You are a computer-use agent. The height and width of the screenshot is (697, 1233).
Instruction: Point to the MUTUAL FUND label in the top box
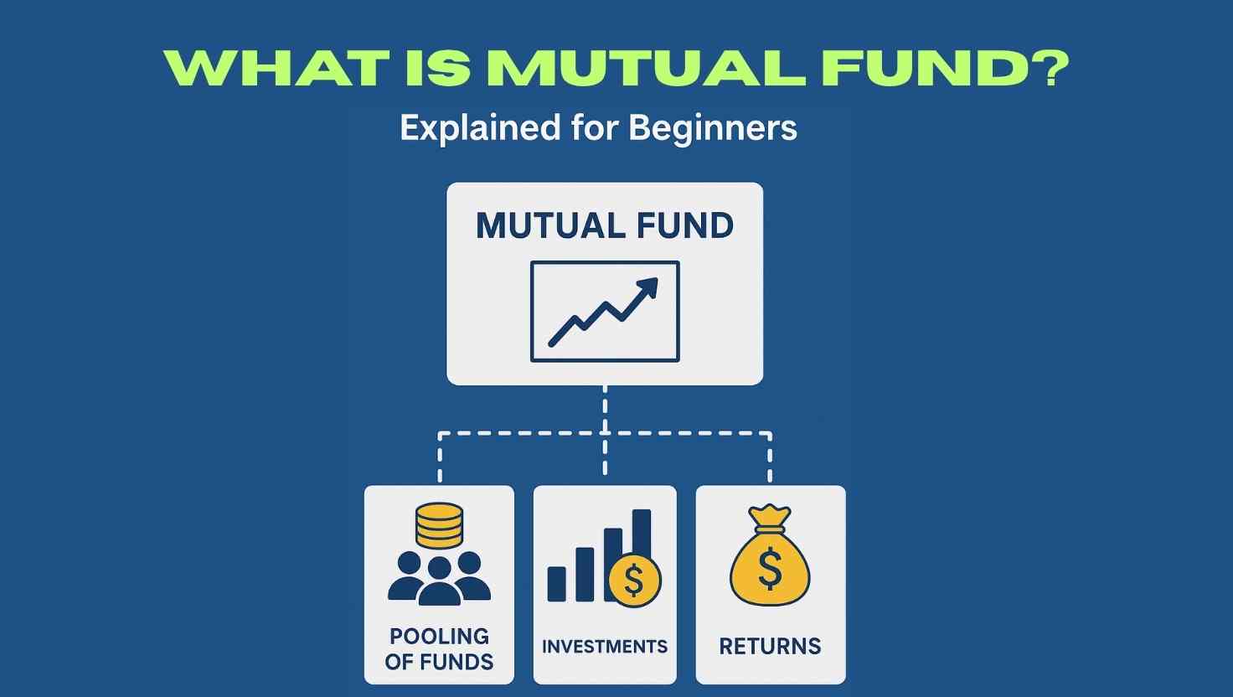605,225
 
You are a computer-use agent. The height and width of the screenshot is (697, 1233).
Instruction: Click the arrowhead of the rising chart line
647,287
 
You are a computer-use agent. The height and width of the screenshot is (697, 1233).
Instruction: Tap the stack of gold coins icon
439,526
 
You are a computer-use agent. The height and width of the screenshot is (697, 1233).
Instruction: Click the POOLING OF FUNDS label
439,649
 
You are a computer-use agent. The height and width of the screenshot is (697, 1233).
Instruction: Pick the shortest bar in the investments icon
556,584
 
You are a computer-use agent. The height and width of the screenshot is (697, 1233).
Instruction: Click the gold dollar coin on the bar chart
635,581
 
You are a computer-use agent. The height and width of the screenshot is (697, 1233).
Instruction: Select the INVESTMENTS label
605,647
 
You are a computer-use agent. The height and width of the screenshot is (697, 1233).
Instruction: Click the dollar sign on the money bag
770,569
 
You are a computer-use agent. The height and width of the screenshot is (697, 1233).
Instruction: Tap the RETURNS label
770,647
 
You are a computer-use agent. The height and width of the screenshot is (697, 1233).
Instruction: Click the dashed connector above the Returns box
770,457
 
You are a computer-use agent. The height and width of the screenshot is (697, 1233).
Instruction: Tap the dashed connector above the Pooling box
440,457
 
